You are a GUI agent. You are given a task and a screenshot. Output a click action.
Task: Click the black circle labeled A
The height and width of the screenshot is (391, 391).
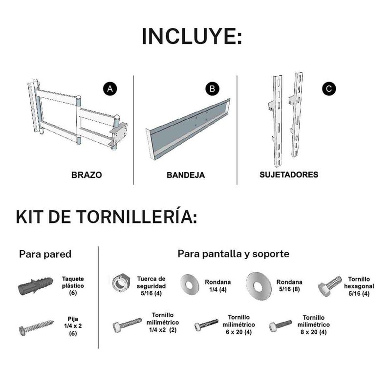click(x=109, y=89)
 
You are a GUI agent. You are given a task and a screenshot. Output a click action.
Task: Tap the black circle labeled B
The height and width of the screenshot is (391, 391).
click(x=212, y=89)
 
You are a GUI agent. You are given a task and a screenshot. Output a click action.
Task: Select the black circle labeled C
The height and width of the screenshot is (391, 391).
click(x=329, y=89)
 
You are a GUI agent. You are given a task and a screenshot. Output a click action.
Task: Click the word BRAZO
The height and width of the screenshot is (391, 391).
click(x=87, y=175)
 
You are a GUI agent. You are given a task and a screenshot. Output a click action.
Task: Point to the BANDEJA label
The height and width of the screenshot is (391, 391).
click(x=186, y=175)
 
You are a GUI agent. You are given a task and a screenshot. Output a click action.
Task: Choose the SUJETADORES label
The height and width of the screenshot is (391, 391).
click(x=289, y=174)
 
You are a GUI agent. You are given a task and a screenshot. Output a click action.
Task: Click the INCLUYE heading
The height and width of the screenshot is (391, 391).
click(x=192, y=36)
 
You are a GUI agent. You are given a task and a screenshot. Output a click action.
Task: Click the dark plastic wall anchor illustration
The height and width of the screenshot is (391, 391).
click(x=36, y=286)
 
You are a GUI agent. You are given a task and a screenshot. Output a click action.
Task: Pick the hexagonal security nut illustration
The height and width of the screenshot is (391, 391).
click(x=121, y=283)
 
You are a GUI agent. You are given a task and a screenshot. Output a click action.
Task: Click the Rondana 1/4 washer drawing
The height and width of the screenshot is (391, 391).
click(x=190, y=285)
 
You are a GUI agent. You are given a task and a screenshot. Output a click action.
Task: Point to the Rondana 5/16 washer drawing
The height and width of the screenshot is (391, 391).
click(x=259, y=286)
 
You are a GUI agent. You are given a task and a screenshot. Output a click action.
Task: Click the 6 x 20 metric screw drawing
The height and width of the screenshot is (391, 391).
click(x=206, y=325)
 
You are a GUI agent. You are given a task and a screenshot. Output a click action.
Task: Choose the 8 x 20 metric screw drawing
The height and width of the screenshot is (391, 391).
click(x=281, y=326)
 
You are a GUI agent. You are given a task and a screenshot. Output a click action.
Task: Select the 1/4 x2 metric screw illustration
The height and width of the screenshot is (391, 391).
click(x=127, y=325)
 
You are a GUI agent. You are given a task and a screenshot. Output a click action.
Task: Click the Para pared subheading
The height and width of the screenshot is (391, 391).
click(x=45, y=254)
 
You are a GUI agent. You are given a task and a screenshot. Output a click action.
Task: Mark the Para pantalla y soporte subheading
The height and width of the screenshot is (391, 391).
click(x=234, y=254)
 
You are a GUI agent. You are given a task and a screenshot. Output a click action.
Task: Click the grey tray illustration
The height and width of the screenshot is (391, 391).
click(x=188, y=129)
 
